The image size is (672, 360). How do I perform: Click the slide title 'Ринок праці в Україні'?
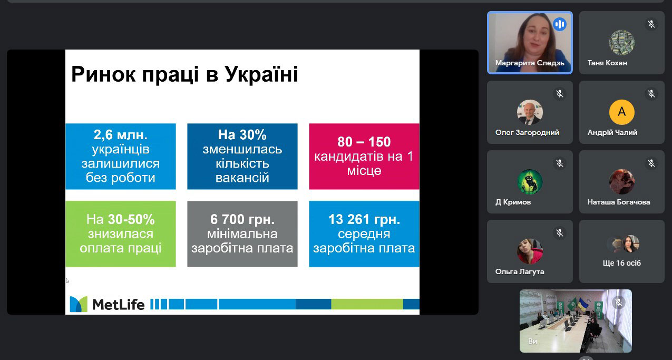click(184, 74)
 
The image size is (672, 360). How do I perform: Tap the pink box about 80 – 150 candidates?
click(364, 157)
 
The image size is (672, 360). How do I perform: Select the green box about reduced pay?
click(121, 233)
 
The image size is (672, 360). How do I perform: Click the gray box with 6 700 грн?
click(242, 233)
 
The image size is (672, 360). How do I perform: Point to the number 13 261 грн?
click(364, 219)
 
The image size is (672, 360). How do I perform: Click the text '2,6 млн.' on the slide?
click(121, 135)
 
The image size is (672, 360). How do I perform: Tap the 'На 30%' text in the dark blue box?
click(242, 135)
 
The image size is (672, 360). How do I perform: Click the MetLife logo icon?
click(79, 304)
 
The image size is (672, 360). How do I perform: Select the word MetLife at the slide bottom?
click(118, 305)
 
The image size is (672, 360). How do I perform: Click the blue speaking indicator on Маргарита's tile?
click(560, 24)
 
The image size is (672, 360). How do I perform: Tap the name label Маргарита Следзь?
click(530, 63)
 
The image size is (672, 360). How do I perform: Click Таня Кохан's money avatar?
click(621, 42)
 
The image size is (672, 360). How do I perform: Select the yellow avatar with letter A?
click(621, 112)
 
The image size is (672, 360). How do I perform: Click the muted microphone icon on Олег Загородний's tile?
click(560, 94)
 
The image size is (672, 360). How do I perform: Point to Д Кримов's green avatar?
click(530, 182)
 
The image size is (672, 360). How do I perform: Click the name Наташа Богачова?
click(619, 202)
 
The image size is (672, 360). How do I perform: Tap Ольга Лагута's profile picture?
click(530, 251)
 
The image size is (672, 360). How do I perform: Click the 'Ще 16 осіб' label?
click(621, 263)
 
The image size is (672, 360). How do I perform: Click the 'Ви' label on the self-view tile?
click(532, 342)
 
